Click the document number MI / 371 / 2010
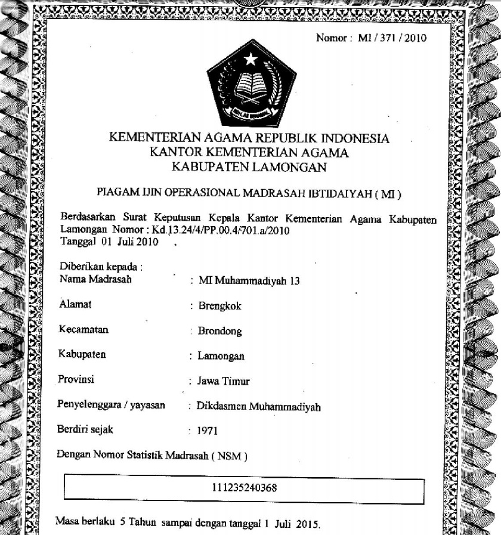tap(392, 39)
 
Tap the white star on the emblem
tap(251, 59)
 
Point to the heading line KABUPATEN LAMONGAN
tap(249, 167)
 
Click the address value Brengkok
tap(220, 307)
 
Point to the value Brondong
tap(220, 332)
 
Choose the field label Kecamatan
tap(84, 329)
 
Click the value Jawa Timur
tap(224, 382)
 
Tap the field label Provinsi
tap(76, 379)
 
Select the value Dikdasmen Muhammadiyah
tap(259, 407)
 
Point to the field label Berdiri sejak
tap(85, 429)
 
